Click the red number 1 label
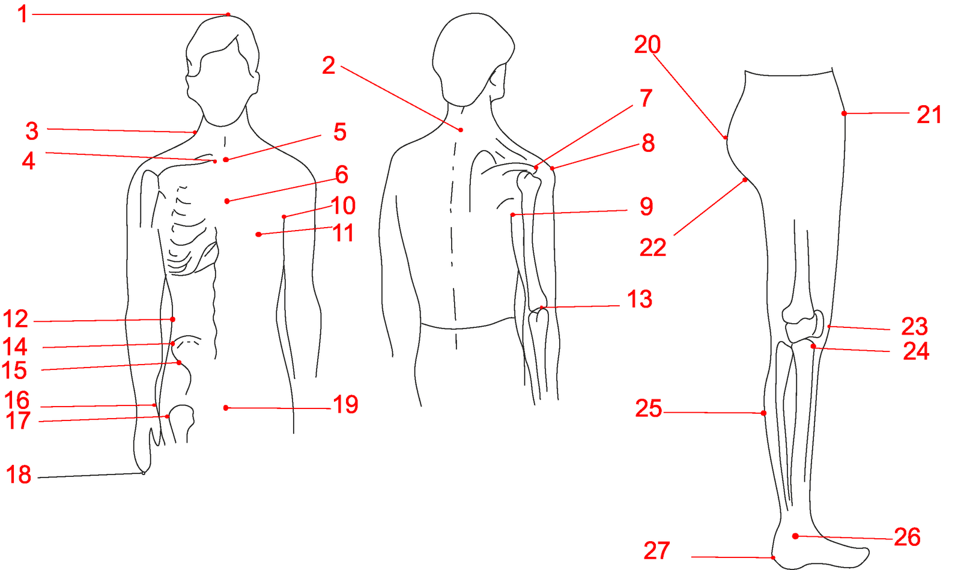pos(23,14)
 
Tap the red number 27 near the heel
pos(657,551)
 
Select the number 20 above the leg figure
pos(647,44)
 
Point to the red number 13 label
pos(639,299)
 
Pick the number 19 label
pos(345,404)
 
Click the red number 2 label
pos(329,65)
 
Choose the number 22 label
pos(653,247)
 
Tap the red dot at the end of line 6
pos(226,201)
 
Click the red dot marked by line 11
pos(258,234)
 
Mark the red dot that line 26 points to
pos(795,536)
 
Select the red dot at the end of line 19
pos(226,408)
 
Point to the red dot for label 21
pos(844,114)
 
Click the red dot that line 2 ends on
pos(461,130)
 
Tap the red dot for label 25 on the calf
pos(763,413)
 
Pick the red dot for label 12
pos(172,319)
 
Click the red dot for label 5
pos(226,160)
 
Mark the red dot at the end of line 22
pos(745,181)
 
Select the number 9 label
pos(646,206)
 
